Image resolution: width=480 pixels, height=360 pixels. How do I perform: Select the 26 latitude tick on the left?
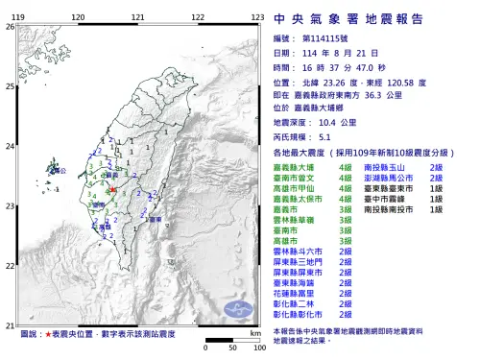[x=11, y=26]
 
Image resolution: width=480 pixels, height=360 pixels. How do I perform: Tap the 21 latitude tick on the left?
[x=11, y=324]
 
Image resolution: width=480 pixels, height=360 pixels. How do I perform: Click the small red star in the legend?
[x=48, y=335]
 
